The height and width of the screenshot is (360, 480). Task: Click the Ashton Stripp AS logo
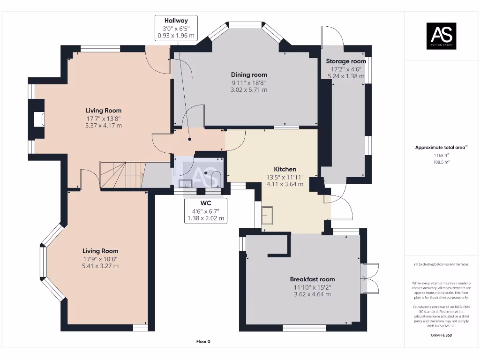point(441,36)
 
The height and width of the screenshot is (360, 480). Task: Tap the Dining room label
point(249,75)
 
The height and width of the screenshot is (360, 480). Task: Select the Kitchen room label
point(285,169)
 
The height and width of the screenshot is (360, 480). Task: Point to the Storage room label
point(346,61)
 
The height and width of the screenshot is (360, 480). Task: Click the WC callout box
point(206,210)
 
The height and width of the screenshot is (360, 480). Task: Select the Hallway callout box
point(176,28)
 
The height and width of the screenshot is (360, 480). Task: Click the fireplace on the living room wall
point(38,119)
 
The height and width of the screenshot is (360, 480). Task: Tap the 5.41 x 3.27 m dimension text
point(100,266)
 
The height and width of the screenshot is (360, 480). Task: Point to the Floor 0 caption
point(203,342)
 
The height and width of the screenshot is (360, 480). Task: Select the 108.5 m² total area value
point(441,161)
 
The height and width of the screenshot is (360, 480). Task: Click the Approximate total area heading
point(441,147)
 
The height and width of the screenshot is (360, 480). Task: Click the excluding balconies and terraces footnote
point(441,264)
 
